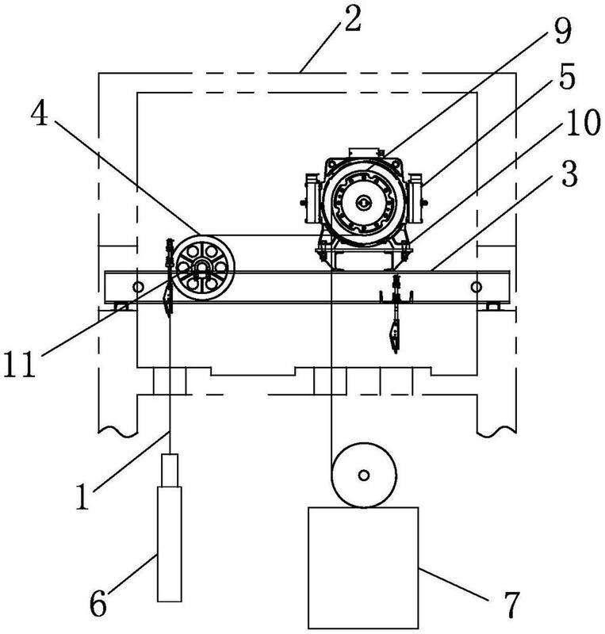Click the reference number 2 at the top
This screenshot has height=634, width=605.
(353, 21)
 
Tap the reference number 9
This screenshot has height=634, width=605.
(562, 32)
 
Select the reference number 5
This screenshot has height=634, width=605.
(568, 77)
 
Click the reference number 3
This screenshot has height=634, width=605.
(570, 174)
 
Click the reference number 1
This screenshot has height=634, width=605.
(82, 497)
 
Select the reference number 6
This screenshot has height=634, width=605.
(98, 605)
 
